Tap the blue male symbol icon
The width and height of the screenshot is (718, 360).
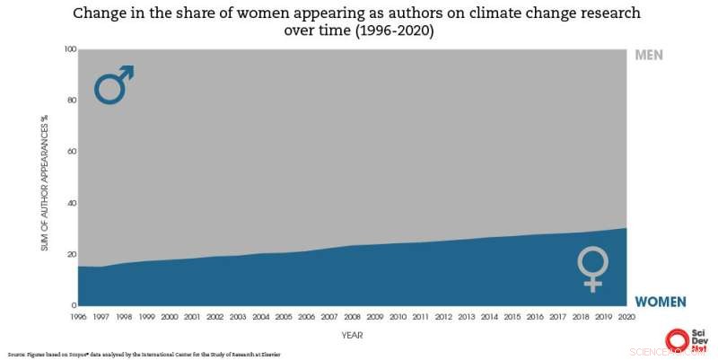(114, 84)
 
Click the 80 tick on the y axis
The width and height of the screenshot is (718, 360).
(70, 101)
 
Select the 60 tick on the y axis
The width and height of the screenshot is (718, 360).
(70, 152)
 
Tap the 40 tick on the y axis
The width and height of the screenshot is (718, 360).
(70, 203)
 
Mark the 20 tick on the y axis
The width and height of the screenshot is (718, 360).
(70, 254)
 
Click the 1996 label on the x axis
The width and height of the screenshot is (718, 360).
(79, 317)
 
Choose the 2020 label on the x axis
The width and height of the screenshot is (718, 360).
(626, 317)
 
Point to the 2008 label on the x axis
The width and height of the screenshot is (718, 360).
(353, 317)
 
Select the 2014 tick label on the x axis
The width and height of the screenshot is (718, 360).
(489, 317)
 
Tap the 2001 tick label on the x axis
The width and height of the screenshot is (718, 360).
(193, 317)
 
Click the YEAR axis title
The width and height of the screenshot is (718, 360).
(352, 335)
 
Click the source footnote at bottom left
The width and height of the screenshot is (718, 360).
(144, 355)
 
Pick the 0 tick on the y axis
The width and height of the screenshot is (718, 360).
(73, 305)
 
